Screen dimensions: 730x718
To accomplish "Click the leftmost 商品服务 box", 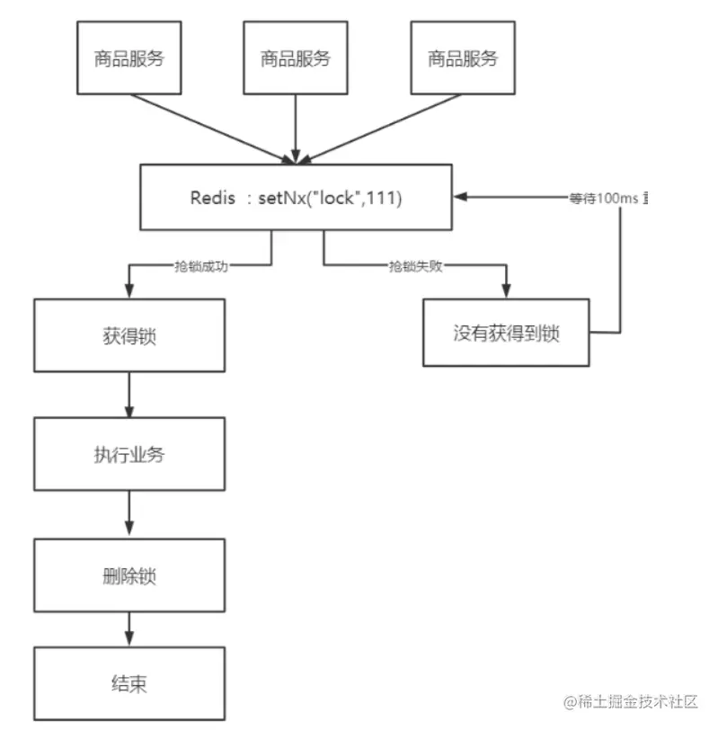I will click(129, 58).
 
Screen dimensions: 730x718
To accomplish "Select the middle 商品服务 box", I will click(296, 58).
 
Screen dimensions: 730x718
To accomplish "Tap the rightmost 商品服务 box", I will click(462, 58).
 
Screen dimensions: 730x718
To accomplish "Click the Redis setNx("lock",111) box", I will click(296, 197).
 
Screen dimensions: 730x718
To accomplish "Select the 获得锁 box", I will click(129, 335).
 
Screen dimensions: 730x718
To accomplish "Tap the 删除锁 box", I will click(129, 576).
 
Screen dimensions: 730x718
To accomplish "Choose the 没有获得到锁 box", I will click(506, 333).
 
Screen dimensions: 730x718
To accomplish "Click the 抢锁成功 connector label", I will click(199, 267).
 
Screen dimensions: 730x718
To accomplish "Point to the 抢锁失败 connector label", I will click(415, 267).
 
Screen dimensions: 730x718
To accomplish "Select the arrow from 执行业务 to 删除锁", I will click(129, 514).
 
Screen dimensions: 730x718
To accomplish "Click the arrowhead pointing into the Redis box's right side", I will click(459, 197).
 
